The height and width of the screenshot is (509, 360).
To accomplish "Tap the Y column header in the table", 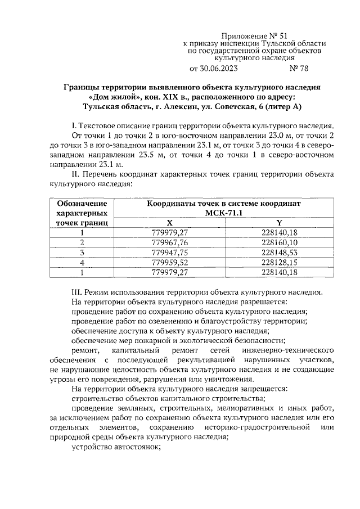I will pyautogui.click(x=280, y=223).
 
